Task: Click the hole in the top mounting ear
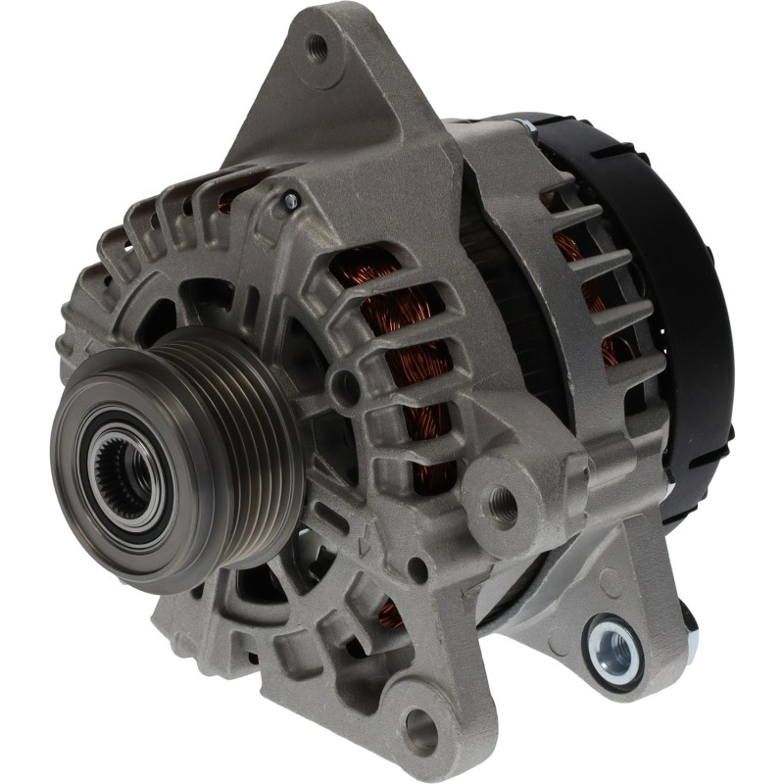point(316,44)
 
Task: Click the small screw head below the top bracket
point(289,201)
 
